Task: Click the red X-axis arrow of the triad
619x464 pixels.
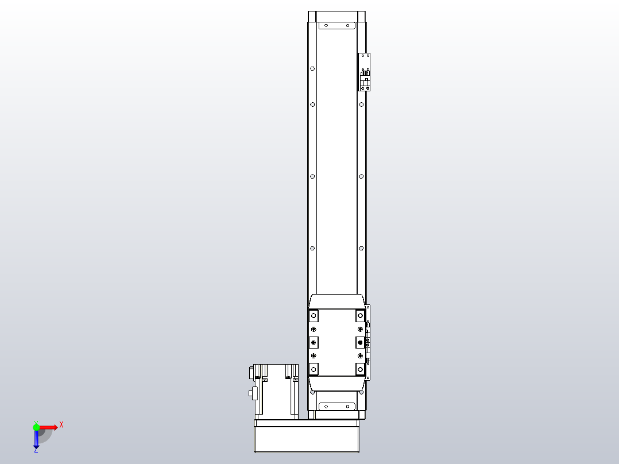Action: point(48,427)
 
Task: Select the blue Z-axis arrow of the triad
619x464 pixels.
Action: point(36,440)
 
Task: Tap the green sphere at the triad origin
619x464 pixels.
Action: point(36,427)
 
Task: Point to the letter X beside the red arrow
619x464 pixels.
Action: point(61,425)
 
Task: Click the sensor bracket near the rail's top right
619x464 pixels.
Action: point(365,72)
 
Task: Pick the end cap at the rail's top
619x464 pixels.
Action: point(336,16)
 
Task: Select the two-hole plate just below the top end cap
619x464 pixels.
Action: point(337,26)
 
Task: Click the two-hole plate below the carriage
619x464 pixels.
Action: point(337,406)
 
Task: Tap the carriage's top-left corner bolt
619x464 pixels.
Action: point(314,316)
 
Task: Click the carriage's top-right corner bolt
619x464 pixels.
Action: point(360,316)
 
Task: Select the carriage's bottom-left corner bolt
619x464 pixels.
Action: point(314,369)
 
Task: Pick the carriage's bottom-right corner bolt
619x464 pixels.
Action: point(360,369)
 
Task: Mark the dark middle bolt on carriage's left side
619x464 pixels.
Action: point(314,343)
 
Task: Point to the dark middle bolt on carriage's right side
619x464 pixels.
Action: point(360,343)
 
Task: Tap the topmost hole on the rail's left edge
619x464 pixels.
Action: point(312,68)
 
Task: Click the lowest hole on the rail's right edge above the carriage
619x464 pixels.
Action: point(361,249)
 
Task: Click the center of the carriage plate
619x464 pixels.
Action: point(337,343)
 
